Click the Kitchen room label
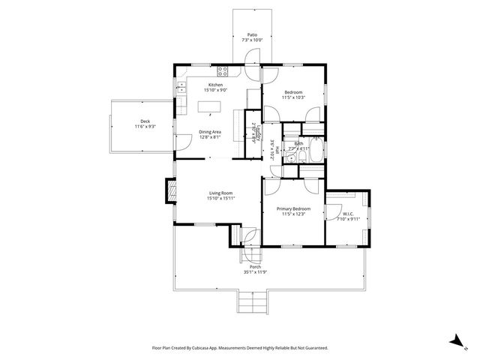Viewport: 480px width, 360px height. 216,85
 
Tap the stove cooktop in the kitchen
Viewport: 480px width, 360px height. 223,72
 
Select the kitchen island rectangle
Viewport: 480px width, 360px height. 211,106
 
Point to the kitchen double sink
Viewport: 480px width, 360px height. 181,87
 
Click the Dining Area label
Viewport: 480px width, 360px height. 210,133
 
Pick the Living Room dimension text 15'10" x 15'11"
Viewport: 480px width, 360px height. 221,199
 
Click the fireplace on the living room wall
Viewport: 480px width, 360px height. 170,192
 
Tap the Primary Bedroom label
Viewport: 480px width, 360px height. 292,208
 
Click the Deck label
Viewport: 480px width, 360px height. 145,121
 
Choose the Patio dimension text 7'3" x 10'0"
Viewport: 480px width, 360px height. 253,39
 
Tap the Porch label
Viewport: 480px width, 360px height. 255,267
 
